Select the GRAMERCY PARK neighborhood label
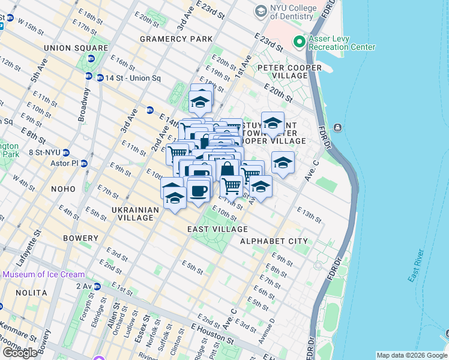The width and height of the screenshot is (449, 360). (x=176, y=38)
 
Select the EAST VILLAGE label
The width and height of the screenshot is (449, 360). (x=217, y=229)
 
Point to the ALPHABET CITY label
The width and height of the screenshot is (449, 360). (x=273, y=241)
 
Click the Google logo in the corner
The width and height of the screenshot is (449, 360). (x=20, y=352)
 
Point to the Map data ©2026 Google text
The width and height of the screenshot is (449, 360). (x=411, y=355)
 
